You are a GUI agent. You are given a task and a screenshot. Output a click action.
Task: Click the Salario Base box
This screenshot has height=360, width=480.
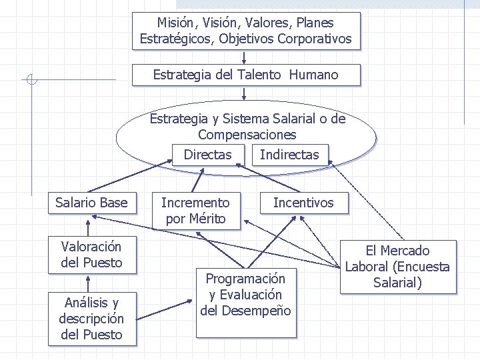(91, 203)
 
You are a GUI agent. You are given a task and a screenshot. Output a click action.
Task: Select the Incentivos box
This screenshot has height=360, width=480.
(303, 203)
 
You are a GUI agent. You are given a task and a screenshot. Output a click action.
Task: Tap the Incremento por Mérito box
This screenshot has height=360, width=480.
(195, 211)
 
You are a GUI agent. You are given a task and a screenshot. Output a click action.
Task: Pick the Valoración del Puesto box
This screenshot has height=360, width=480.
(91, 255)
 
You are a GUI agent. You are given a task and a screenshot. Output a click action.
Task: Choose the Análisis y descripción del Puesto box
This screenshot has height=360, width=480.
(91, 319)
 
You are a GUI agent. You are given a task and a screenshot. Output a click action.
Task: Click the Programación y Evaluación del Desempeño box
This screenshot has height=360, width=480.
(245, 295)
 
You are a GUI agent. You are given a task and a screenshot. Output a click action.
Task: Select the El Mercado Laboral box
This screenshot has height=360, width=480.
(397, 267)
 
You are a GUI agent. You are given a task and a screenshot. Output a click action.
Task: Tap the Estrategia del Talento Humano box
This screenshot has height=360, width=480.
(245, 75)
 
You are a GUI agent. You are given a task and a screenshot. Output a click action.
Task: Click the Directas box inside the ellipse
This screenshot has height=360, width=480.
(207, 155)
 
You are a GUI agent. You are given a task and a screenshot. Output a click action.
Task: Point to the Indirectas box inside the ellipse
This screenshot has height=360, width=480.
(289, 155)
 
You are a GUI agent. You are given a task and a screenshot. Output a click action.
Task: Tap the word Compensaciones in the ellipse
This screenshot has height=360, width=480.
(247, 135)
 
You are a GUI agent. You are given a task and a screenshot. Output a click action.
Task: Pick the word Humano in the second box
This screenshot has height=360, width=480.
(313, 75)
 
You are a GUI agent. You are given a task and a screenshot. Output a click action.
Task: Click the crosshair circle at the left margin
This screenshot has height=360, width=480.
(31, 81)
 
